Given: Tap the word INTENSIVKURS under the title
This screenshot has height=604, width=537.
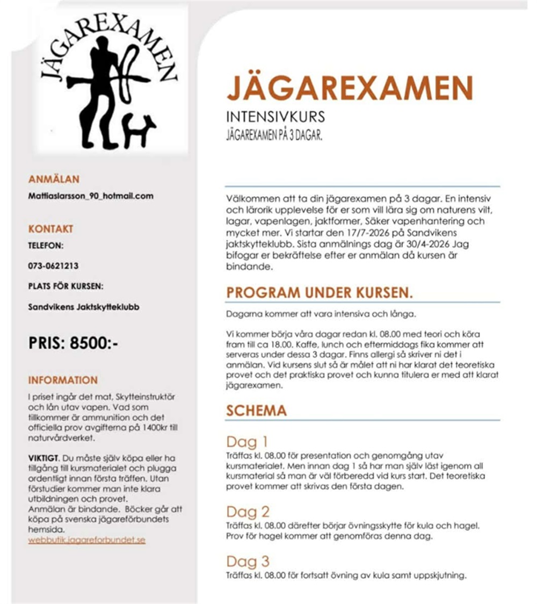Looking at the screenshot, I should coord(275,117).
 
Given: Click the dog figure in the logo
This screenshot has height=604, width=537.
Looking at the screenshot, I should coord(139,130).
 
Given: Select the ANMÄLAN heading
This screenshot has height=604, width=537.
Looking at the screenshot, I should coord(54,179).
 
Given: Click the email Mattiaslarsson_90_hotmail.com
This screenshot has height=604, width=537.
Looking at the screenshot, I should coord(91,196).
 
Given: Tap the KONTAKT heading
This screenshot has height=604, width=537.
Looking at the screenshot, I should coord(50,229).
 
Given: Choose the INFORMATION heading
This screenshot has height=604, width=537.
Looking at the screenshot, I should coord(63,380).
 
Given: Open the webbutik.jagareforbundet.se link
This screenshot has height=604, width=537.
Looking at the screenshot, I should coord(87,540).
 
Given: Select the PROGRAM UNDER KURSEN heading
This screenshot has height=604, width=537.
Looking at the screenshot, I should coord(319,293).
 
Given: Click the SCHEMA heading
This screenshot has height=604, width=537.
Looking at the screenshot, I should coord(256,411).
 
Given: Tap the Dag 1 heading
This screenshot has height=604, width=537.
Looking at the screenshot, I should coord(246,442).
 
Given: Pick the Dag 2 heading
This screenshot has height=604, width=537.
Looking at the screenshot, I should coord(248,511).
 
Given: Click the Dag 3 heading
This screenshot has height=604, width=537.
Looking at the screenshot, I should coord(248,562).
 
